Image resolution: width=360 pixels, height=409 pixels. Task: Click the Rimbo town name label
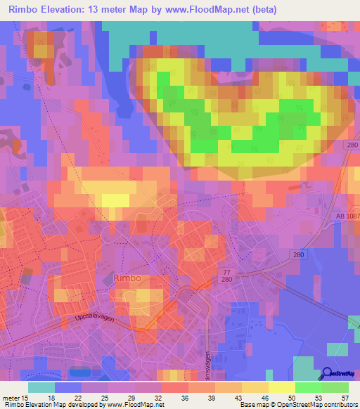pyautogui.click(x=127, y=278)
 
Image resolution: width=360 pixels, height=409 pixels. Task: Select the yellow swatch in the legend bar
pyautogui.click(x=281, y=387)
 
